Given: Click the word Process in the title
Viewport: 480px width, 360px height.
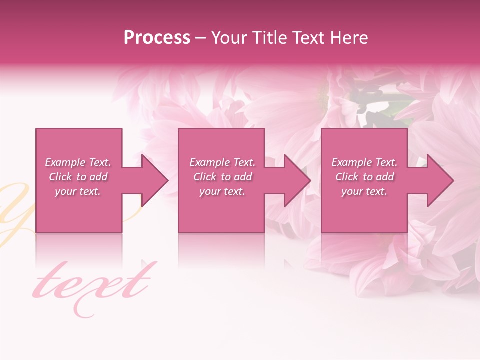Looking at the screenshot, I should [157, 38].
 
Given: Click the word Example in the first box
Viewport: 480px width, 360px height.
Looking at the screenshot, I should [65, 162].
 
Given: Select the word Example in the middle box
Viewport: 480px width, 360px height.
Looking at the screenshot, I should [209, 162].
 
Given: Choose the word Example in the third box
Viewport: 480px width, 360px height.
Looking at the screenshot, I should [351, 162].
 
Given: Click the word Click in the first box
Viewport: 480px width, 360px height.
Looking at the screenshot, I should [61, 177].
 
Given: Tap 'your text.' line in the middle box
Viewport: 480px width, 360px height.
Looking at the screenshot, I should [222, 191].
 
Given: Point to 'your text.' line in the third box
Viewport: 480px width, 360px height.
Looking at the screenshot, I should [364, 191].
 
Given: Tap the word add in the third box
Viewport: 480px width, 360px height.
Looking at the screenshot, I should [385, 177].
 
